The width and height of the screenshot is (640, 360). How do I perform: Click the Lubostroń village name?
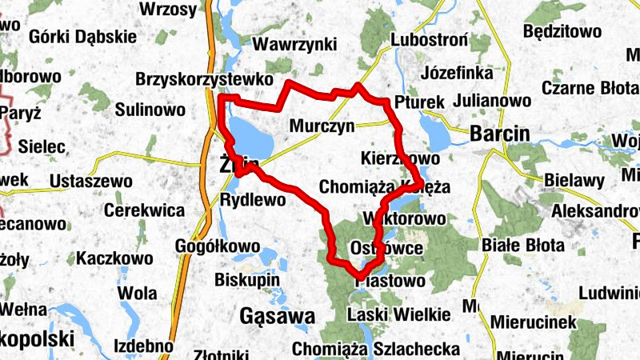[x=429, y=40]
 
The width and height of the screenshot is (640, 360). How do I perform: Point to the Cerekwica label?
[x=144, y=212]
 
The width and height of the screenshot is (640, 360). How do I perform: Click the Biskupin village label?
[x=246, y=280]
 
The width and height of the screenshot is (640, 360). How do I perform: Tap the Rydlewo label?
[x=252, y=200]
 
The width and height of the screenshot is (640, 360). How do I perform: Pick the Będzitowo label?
[x=561, y=32]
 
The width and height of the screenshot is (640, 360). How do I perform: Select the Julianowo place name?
[x=492, y=102]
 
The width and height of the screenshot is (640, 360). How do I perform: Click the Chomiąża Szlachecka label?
[x=376, y=349]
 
